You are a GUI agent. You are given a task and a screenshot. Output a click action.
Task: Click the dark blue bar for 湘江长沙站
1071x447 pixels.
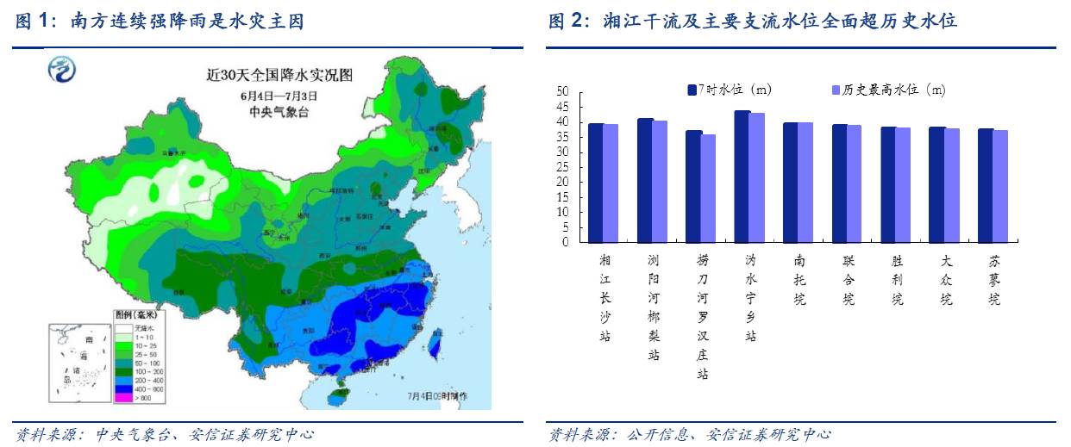[x=596, y=183]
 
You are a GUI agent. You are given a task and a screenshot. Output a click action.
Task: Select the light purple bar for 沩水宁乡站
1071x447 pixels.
[x=757, y=177]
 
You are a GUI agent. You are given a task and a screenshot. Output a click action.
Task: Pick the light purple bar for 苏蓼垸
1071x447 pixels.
[x=1000, y=186]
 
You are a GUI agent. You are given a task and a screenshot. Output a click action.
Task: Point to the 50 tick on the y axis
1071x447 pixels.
[x=562, y=91]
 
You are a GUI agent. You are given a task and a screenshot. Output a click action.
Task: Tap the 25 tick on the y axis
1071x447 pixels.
[x=562, y=167]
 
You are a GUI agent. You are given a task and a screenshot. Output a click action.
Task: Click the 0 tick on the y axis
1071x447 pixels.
[x=566, y=242]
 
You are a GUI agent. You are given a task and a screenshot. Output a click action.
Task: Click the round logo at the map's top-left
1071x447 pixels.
[x=62, y=69]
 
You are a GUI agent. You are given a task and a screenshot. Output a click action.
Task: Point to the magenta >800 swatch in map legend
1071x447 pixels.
[x=122, y=398]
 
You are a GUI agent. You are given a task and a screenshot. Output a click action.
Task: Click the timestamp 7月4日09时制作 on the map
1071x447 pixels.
[x=437, y=396]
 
